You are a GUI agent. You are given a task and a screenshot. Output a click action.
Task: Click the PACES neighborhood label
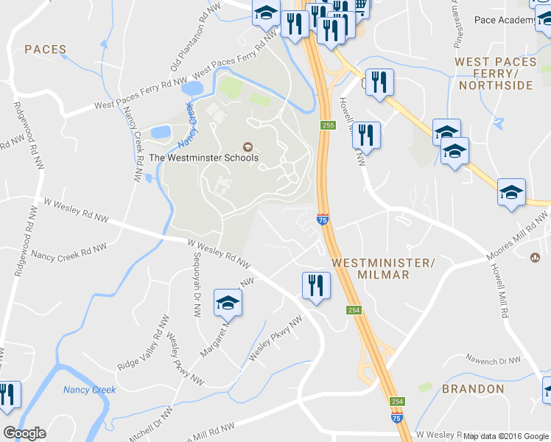(x=46, y=49)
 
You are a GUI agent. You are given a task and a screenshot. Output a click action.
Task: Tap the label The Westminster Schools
(x=204, y=158)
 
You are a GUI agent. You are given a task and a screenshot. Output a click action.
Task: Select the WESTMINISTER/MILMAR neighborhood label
(x=381, y=268)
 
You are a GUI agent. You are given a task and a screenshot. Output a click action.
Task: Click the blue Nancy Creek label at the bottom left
(x=89, y=390)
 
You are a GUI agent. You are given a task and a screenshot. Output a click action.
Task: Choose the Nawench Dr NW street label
(x=493, y=360)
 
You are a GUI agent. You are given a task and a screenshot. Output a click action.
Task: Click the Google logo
(x=24, y=433)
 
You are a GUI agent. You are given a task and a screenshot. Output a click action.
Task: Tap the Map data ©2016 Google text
(x=505, y=436)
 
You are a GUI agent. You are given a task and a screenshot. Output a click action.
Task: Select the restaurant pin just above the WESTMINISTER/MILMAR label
(x=316, y=284)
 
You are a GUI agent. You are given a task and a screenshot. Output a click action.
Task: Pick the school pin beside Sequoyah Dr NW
(x=228, y=303)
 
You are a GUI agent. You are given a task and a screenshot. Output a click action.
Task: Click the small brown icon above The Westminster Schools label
(x=247, y=146)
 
